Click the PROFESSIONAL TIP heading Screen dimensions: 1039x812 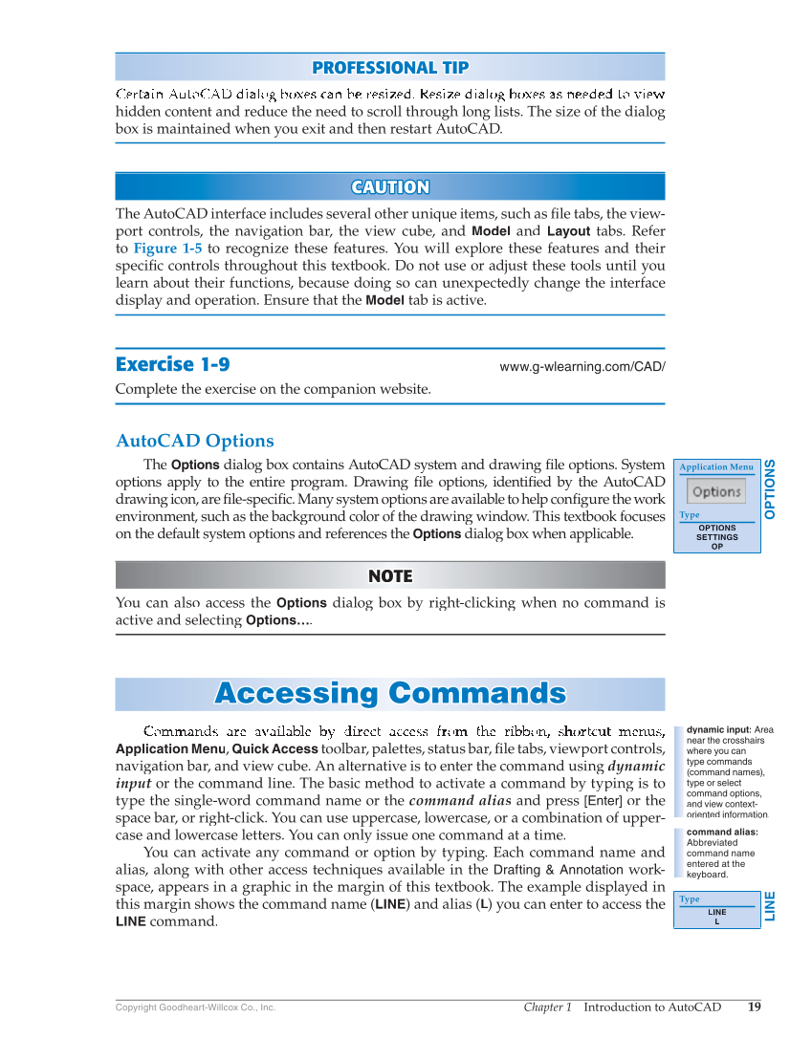coord(390,68)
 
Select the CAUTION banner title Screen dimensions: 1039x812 coord(390,187)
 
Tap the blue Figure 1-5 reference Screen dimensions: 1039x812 coord(167,249)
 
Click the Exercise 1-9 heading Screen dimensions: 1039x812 coord(172,364)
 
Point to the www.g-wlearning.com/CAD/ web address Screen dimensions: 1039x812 coord(582,367)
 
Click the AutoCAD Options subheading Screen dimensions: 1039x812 coord(195,441)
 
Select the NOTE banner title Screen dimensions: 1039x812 coord(390,575)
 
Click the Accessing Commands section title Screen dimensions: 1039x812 coord(390,693)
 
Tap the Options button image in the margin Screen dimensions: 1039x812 coord(716,492)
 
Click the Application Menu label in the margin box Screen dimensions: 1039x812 coord(716,467)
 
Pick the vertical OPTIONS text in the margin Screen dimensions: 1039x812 coord(771,489)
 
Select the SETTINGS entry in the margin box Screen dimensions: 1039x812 coord(716,537)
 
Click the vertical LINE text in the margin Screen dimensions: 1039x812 coord(771,905)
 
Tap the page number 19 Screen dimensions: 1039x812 coord(755,1007)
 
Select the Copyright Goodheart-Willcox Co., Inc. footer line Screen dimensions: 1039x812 coord(195,1007)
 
